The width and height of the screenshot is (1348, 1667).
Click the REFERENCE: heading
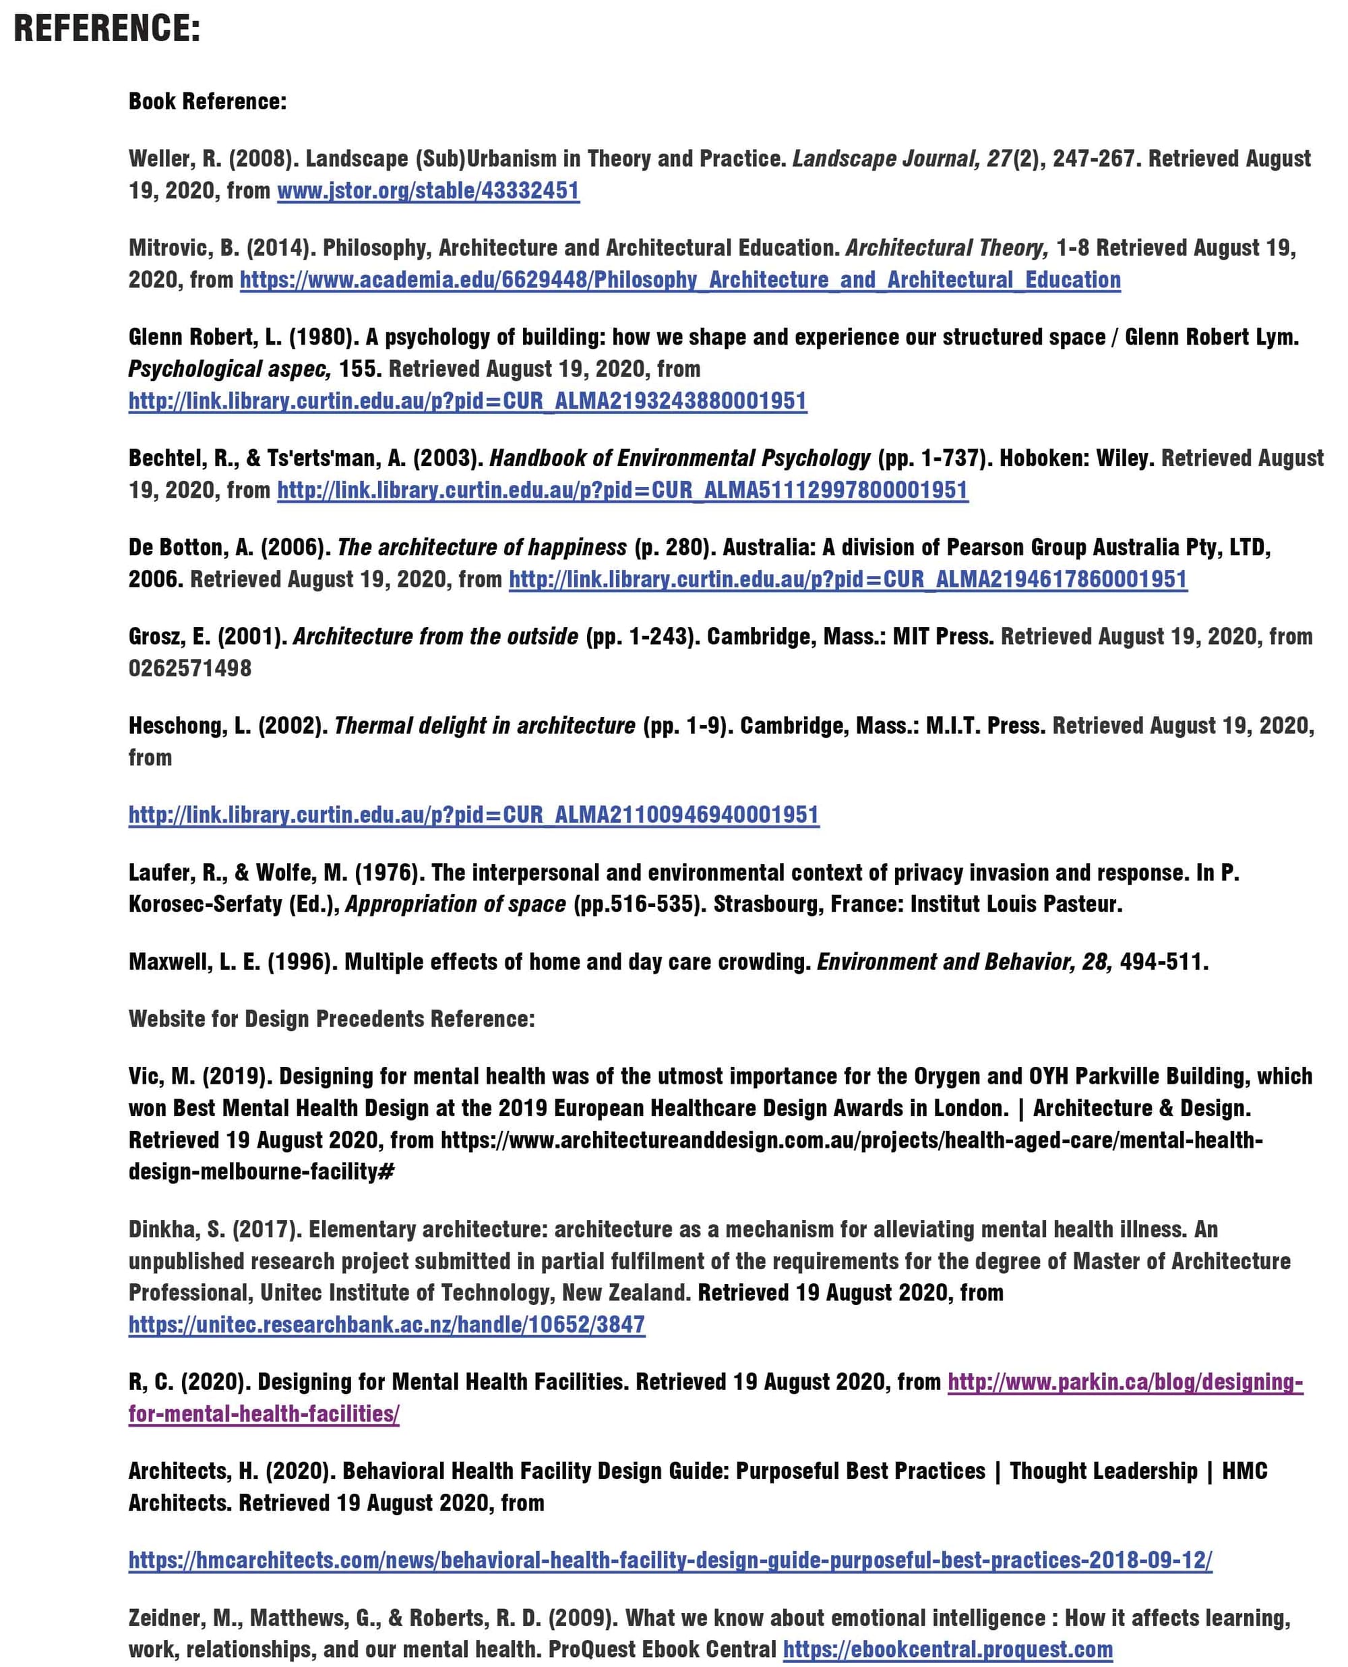107,29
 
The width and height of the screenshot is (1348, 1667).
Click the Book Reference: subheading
208,101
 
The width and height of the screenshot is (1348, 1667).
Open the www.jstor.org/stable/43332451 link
428,190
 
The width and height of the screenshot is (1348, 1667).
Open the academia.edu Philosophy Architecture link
679,280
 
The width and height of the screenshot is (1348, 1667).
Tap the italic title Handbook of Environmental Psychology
679,459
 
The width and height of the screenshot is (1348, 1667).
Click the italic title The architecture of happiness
481,548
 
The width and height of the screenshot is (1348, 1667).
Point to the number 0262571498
190,668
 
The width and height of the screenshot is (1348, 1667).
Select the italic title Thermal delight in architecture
485,726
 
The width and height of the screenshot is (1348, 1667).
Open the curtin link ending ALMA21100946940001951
474,815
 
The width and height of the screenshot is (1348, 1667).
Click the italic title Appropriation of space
456,904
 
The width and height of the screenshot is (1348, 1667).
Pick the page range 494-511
1163,962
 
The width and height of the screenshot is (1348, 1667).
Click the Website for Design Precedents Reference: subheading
332,1018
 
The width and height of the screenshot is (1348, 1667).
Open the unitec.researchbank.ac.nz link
387,1324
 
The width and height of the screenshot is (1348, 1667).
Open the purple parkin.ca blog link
1124,1382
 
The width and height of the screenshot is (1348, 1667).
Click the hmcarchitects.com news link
670,1560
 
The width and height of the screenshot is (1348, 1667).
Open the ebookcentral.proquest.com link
948,1649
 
